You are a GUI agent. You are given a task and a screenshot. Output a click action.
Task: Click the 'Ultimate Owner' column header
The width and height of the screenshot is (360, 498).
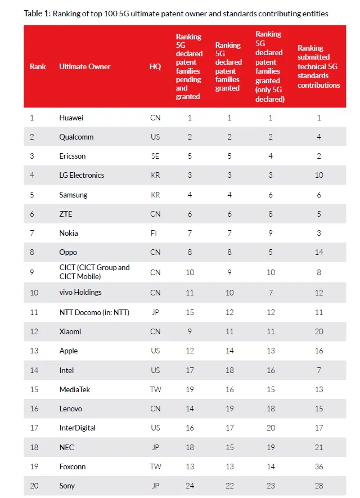[x=84, y=66]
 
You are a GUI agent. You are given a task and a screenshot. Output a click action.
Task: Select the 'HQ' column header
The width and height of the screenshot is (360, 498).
[x=155, y=66]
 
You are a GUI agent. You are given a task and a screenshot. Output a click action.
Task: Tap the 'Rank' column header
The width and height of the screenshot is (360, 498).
[x=38, y=66]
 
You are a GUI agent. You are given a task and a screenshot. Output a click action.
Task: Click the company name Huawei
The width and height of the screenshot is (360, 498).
[x=71, y=118]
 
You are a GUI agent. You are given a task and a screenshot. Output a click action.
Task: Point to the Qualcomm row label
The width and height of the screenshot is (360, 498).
[x=76, y=137]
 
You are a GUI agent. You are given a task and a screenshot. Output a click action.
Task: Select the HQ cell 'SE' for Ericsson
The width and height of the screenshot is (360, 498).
[x=155, y=156]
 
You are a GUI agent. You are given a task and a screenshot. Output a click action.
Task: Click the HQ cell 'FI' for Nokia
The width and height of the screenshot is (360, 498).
[x=155, y=233]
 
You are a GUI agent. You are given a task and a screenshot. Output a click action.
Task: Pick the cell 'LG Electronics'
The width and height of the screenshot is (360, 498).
[x=82, y=175]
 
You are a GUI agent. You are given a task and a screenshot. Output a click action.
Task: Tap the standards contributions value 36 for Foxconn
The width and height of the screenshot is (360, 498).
[x=319, y=466]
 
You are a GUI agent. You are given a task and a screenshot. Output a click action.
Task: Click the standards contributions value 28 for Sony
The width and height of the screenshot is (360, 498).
[x=319, y=486]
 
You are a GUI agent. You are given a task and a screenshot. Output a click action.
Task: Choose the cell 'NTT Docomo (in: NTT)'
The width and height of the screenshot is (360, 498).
[x=94, y=312]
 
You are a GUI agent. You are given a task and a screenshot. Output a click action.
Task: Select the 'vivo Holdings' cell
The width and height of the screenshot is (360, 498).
[x=80, y=292]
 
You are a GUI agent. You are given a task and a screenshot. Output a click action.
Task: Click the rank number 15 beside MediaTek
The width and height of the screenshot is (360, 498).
[x=34, y=389]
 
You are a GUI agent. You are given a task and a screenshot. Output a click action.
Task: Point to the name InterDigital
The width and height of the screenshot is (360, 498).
[x=77, y=428]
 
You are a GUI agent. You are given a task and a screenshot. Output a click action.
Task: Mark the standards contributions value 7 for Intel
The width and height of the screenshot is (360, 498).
[x=319, y=370]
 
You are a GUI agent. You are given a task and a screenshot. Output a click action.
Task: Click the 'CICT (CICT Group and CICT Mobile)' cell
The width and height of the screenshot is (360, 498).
[x=94, y=272]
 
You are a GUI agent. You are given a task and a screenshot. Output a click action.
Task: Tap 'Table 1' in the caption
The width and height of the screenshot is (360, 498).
[x=37, y=14]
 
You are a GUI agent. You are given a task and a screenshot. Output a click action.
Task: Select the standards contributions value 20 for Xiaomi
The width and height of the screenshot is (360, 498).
[x=319, y=331]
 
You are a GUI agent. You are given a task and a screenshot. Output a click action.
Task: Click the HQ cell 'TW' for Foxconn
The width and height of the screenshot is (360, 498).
[x=155, y=466]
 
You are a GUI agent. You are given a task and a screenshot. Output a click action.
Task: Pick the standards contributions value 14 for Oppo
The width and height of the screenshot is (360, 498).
[x=319, y=252]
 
